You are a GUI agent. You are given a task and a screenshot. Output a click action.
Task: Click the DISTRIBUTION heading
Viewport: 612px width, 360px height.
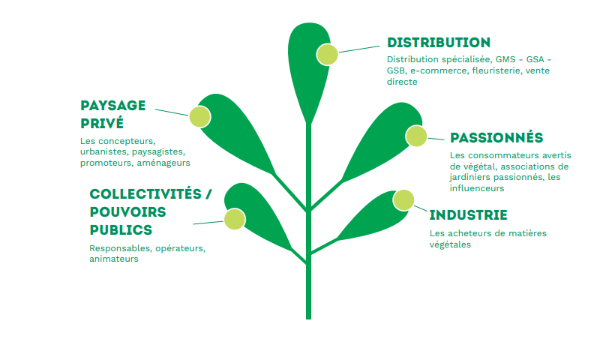439,43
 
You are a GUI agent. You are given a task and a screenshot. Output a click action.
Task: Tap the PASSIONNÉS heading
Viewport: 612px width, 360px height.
496,137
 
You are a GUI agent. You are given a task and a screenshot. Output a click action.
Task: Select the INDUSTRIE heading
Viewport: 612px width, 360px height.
468,215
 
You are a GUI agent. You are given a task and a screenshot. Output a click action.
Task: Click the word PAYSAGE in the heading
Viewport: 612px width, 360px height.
113,106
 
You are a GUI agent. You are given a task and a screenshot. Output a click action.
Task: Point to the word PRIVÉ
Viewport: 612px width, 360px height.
102,123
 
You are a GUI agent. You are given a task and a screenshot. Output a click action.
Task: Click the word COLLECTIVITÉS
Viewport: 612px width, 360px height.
145,193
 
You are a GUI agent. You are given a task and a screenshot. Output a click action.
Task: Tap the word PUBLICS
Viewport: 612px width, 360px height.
121,230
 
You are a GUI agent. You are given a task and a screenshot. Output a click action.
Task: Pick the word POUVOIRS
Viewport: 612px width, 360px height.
128,212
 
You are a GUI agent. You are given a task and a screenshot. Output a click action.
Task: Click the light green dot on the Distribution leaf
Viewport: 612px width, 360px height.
327,54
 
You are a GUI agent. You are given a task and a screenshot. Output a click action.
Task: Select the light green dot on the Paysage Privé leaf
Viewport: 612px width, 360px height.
199,117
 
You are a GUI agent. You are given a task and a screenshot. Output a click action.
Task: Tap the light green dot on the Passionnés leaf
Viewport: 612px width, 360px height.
416,136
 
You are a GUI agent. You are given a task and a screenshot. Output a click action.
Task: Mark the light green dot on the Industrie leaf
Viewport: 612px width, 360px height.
403,200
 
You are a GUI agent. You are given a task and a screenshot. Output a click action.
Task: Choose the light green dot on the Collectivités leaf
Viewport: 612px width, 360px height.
235,219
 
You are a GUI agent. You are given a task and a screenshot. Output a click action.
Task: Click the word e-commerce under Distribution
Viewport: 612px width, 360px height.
438,70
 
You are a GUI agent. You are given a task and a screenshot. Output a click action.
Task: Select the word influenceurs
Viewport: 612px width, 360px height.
477,188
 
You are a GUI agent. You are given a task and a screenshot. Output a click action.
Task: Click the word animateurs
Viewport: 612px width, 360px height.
114,259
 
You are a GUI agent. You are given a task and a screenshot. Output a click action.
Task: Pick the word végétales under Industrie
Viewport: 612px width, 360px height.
450,244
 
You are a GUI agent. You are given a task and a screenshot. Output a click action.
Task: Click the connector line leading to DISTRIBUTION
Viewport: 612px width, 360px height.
359,49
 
